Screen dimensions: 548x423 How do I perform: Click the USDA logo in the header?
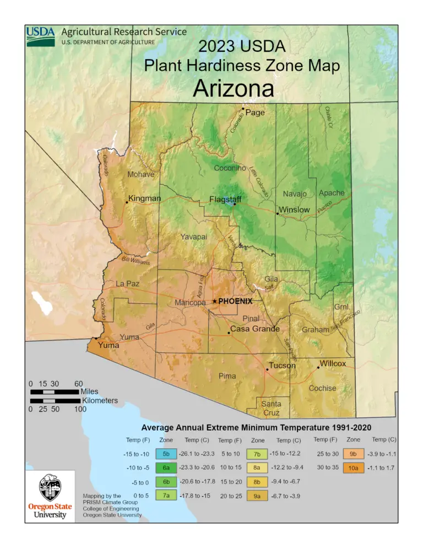coord(41,36)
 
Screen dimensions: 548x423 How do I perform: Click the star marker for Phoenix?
coord(215,301)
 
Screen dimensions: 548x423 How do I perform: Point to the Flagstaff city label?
coord(225,199)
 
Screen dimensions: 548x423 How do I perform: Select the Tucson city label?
coord(282,366)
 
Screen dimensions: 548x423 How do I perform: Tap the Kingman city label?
coord(144,198)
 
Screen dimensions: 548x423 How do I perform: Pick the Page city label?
coord(255,112)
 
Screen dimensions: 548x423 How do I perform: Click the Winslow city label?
coord(294,210)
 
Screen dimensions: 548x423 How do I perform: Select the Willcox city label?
coord(333,364)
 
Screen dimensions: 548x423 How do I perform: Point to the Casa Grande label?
coord(254,329)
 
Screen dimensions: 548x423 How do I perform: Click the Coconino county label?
coord(230,168)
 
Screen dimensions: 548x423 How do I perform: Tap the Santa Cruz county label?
coord(271,408)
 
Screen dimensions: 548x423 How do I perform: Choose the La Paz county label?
coord(127,283)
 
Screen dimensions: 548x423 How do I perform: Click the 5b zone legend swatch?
coord(166,454)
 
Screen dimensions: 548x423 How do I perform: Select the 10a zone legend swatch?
coord(353,468)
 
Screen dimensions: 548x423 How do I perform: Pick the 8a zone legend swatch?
coord(257,468)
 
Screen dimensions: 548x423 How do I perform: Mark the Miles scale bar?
coord(55,392)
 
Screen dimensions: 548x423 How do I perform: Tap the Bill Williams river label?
coord(136,261)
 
